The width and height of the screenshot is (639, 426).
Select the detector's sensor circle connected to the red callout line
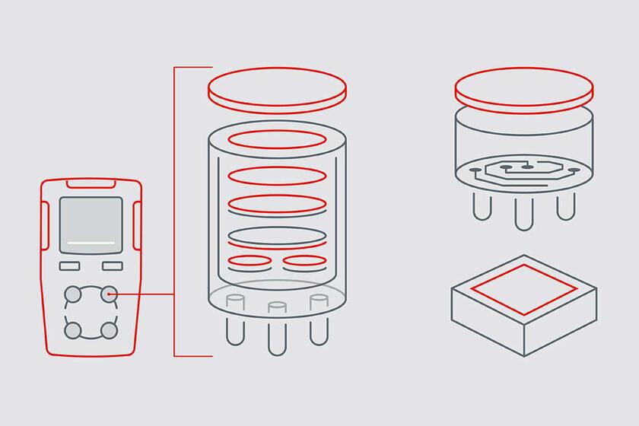pyautogui.click(x=109, y=294)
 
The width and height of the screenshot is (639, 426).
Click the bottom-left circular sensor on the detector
pyautogui.click(x=73, y=330)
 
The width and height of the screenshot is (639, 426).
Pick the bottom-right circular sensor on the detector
pyautogui.click(x=109, y=330)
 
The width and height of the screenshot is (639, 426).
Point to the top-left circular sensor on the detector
pyautogui.click(x=73, y=294)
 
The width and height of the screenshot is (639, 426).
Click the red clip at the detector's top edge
pyautogui.click(x=91, y=183)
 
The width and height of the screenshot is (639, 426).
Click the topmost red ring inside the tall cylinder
pyautogui.click(x=277, y=139)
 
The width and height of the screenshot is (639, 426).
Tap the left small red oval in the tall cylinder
pyautogui.click(x=250, y=261)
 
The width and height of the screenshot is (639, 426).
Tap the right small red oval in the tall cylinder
pyautogui.click(x=304, y=261)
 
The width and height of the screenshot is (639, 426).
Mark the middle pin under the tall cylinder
pyautogui.click(x=276, y=335)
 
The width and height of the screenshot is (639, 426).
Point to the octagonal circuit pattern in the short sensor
pyautogui.click(x=524, y=169)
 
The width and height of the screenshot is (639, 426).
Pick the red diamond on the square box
pyautogui.click(x=524, y=290)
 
